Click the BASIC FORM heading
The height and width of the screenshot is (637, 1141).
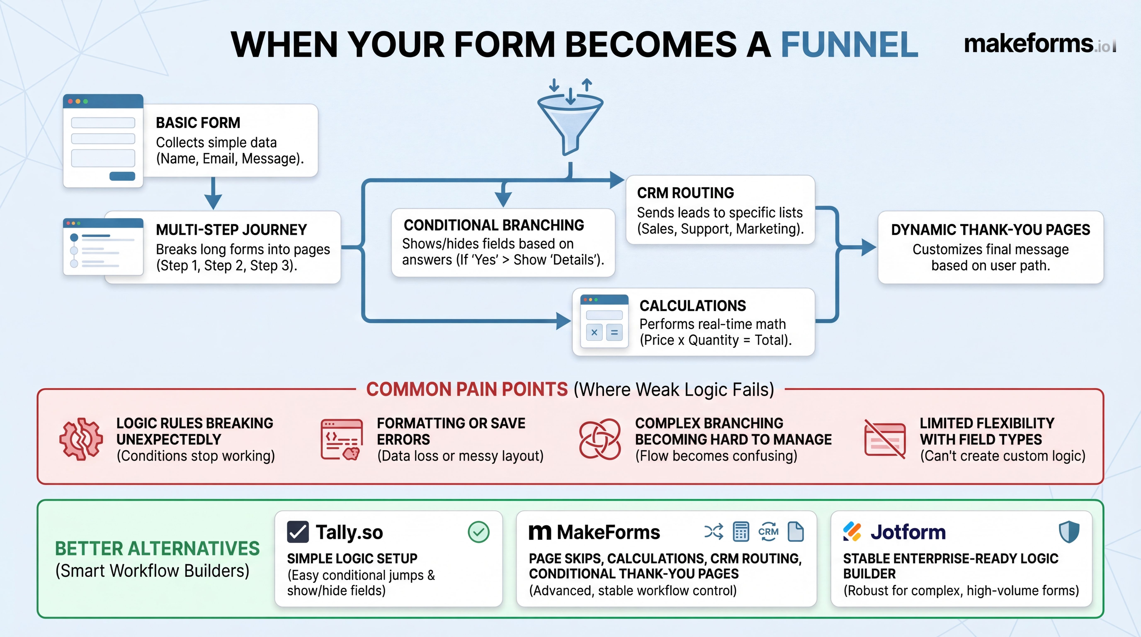point(198,123)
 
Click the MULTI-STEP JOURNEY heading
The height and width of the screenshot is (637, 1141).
point(231,230)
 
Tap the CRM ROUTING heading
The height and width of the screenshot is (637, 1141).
point(685,193)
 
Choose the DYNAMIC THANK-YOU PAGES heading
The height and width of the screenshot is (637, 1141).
point(990,230)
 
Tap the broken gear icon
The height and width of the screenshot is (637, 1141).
point(81,439)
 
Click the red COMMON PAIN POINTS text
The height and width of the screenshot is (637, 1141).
point(467,389)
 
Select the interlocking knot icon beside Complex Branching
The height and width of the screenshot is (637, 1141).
point(600,439)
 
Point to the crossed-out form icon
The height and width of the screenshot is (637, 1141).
point(885,439)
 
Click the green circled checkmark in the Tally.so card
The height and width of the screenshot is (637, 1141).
point(478,532)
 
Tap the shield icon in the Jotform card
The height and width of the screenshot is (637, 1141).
point(1069,532)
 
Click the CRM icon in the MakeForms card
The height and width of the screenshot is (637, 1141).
point(768,532)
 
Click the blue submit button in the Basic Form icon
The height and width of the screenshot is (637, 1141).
point(122,176)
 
